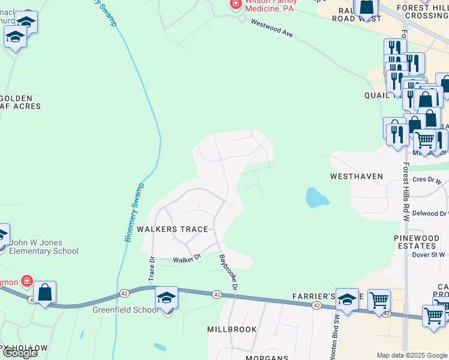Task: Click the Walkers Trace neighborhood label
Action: pos(172,229)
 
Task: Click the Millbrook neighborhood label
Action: pos(232,329)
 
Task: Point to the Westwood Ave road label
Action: pos(272,28)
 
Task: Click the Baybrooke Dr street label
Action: pos(229,272)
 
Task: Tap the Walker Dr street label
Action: pos(186,260)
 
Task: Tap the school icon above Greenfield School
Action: pos(167,297)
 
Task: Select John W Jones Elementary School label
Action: pos(44,247)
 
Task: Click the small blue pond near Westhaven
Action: pos(316,197)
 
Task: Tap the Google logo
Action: pos(20,353)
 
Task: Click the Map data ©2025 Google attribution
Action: pos(411,355)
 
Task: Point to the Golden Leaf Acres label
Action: pos(20,102)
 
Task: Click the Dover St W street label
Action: pos(428,254)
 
